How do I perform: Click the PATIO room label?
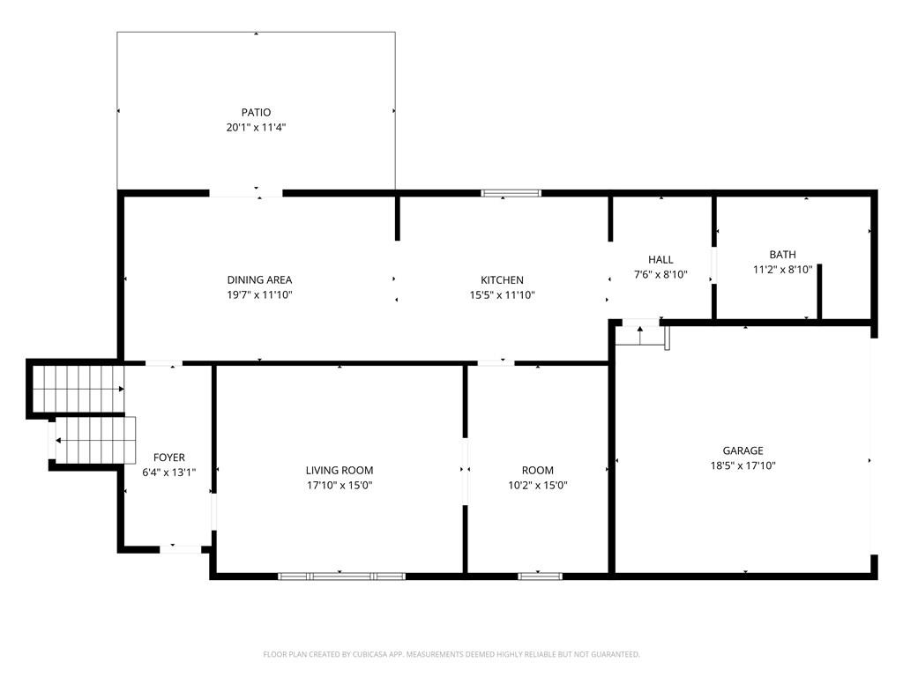pos(256,112)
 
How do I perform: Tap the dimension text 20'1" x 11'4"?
pos(256,127)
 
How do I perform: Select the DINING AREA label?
pos(259,280)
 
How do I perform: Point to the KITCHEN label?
pos(502,280)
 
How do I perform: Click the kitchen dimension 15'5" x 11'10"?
pos(502,295)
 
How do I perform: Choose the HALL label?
pos(660,259)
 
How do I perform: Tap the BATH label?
pos(782,255)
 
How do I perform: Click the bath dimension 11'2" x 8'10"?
pos(782,270)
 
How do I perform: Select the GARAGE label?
pos(743,450)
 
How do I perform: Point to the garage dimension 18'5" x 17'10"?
pos(743,465)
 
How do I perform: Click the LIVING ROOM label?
pos(340,471)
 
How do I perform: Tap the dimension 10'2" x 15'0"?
pos(537,485)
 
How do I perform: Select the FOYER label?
pos(168,458)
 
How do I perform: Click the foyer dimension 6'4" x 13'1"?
pos(168,472)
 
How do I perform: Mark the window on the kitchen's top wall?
pos(511,192)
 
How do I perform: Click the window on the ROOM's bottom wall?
pos(540,576)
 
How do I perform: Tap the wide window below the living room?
pos(341,576)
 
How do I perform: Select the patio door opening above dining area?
pos(245,192)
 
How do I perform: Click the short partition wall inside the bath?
pos(819,291)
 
